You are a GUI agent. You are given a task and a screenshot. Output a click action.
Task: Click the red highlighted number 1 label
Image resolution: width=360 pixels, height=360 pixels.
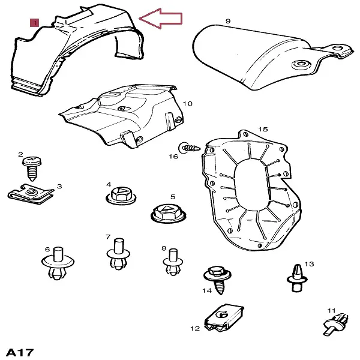(34, 23)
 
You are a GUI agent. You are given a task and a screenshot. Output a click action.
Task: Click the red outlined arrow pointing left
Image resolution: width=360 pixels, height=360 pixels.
(161, 19)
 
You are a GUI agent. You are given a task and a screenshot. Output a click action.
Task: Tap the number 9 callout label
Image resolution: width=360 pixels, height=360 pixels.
(228, 21)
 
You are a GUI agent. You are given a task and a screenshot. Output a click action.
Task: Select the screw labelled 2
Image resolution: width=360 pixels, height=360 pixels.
(32, 168)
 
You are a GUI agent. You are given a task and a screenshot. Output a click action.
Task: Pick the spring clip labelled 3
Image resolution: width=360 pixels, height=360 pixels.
(31, 194)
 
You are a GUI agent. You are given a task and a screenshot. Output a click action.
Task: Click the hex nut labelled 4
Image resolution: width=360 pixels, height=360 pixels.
(121, 197)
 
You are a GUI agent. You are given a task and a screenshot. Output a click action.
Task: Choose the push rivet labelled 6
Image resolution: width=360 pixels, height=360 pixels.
(58, 263)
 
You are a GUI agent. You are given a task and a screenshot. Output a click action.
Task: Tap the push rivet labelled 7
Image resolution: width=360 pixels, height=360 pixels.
(118, 254)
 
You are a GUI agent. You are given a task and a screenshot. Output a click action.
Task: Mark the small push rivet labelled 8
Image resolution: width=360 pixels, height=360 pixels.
(173, 262)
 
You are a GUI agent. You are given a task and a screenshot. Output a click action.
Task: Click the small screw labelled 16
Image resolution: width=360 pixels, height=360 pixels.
(190, 148)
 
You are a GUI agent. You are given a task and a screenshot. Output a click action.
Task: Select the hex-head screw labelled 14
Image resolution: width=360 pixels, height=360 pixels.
(217, 280)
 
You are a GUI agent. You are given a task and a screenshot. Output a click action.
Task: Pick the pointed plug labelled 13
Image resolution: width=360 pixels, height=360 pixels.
(297, 278)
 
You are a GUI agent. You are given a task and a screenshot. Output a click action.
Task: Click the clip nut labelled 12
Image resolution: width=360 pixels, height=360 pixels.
(224, 319)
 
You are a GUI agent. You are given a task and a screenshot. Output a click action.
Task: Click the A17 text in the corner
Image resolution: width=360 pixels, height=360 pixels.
(20, 352)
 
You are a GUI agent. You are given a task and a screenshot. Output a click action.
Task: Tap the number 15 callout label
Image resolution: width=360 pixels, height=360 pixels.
(263, 129)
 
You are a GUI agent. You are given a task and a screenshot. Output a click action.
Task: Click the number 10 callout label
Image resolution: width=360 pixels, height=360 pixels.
(187, 104)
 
